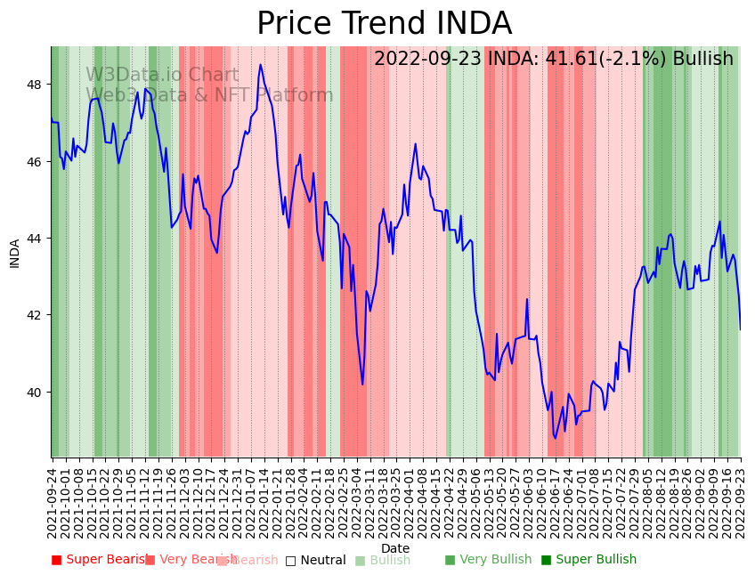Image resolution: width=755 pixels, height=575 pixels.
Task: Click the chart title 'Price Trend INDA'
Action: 384,24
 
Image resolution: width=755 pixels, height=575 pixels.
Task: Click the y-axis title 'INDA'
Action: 14,253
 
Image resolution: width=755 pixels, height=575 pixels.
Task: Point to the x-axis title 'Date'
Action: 395,548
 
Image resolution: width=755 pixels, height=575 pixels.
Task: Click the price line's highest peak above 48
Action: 261,64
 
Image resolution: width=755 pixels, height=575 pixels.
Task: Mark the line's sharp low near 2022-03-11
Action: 362,384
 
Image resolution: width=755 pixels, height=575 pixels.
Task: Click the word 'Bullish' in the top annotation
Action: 702,59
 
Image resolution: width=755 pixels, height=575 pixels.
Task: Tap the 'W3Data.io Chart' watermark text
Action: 162,75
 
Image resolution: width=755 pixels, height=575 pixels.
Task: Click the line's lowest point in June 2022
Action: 555,438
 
